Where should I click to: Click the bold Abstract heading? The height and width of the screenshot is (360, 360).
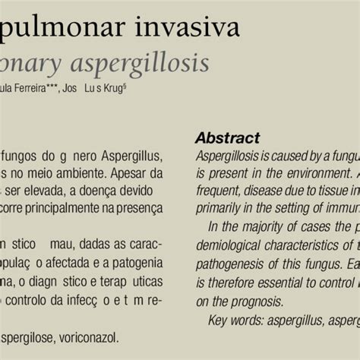click(x=227, y=137)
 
